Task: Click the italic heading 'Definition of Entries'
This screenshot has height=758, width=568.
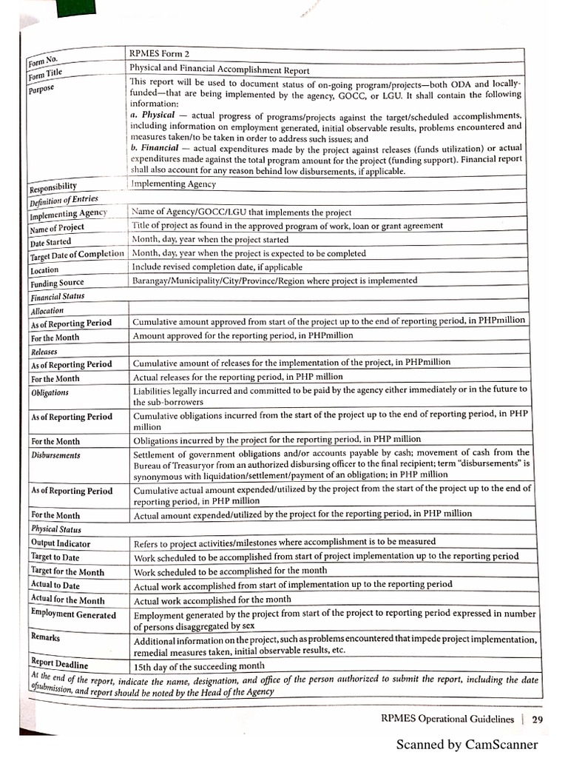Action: [63, 200]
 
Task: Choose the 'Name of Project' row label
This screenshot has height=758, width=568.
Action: [57, 228]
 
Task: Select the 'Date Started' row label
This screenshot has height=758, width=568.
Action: [51, 242]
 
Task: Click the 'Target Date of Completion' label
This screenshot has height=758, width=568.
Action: [77, 255]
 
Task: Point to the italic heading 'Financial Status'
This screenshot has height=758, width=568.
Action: [57, 297]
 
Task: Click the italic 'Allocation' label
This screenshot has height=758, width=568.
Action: [47, 311]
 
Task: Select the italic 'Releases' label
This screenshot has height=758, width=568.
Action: [44, 352]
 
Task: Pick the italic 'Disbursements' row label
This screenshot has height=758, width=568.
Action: [55, 455]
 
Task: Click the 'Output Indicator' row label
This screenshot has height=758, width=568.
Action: [61, 543]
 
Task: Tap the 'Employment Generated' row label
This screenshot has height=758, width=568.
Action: [73, 614]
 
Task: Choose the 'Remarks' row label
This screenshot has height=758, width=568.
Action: [46, 637]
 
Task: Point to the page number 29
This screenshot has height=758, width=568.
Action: [537, 719]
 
